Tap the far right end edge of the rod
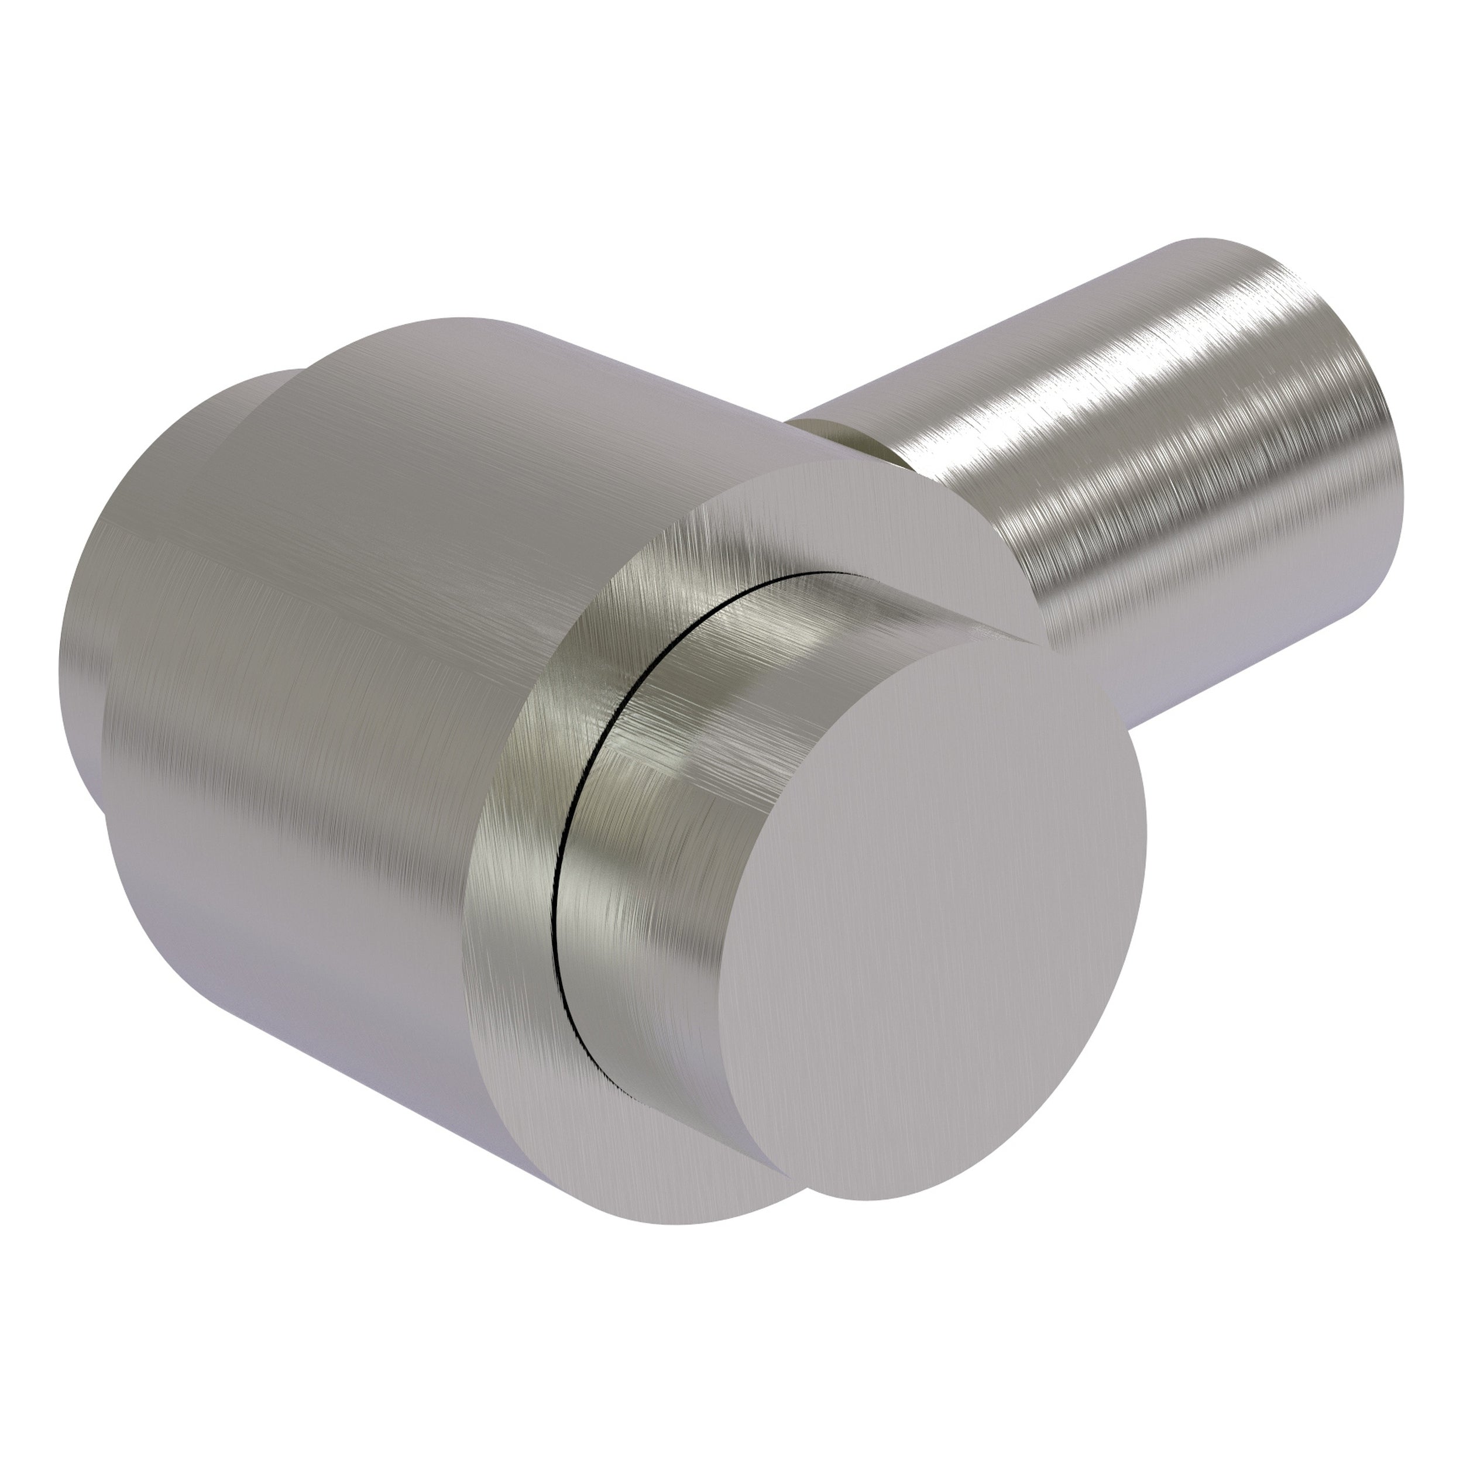pos(1393,454)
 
